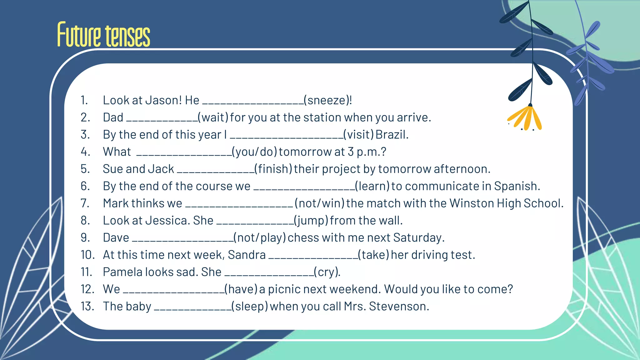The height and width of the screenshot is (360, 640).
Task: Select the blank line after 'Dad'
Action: point(162,120)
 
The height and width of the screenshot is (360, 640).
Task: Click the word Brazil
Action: point(392,135)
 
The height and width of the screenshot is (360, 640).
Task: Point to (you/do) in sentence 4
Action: point(254,152)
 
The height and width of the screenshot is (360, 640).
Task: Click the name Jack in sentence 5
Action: point(161,169)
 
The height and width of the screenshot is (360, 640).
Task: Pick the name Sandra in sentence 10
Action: point(247,255)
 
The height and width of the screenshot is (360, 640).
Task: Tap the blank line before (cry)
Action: point(269,275)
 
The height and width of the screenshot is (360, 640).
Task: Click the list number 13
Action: point(87,307)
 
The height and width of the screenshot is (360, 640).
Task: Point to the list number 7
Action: point(85,203)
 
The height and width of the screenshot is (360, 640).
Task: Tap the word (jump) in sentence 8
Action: point(311,221)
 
